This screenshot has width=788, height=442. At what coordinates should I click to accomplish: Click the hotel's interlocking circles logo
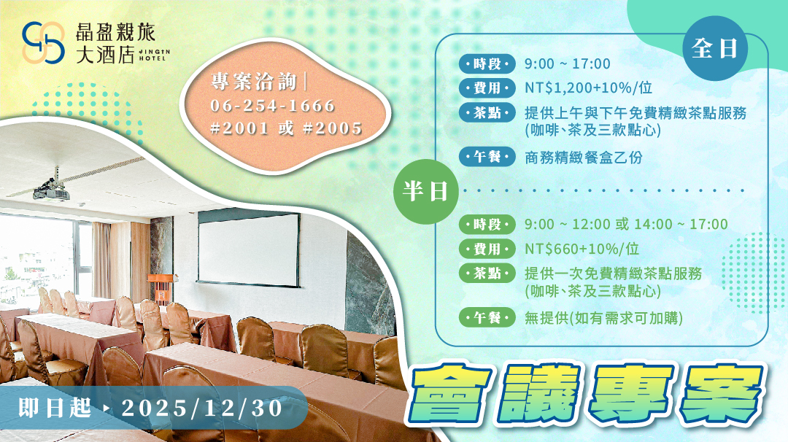(43, 43)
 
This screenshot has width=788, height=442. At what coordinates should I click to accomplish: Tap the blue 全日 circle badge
(714, 48)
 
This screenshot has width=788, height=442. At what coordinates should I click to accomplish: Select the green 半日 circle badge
(425, 191)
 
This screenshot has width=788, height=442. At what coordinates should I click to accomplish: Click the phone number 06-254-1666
(272, 106)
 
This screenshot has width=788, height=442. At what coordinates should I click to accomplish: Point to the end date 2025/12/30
(202, 408)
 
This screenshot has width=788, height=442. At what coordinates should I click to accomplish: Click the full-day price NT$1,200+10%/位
(589, 88)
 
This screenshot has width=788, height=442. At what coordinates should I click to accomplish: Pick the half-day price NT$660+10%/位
(582, 249)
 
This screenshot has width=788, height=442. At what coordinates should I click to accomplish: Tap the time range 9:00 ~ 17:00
(568, 63)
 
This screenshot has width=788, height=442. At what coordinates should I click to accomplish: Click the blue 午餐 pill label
(487, 157)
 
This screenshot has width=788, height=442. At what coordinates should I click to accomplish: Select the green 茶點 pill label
(487, 274)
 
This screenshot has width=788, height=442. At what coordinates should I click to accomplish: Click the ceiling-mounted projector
(52, 190)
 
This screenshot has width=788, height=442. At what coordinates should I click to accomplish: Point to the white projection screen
(249, 249)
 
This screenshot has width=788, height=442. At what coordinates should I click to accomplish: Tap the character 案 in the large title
(722, 395)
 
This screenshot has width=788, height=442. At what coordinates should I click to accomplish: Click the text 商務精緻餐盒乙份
(584, 158)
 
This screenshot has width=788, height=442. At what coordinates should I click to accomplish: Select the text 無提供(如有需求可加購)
(603, 318)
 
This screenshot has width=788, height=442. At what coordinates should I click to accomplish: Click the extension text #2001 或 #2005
(286, 128)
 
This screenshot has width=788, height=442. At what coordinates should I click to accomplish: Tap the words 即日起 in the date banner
(54, 408)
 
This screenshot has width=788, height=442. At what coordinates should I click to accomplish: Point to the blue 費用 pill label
(487, 88)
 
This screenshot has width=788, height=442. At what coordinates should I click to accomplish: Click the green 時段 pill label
(487, 225)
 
